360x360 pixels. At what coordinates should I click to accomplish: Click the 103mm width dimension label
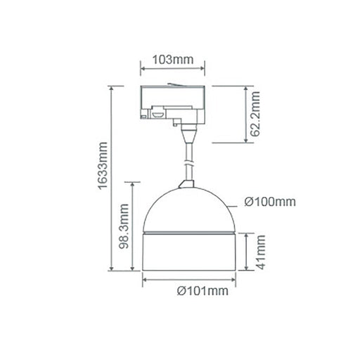coord(173,59)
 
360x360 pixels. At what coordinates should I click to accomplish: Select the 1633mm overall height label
coord(102,179)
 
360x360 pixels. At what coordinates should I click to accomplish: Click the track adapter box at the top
coord(173,102)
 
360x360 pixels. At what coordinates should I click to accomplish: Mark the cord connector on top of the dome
coord(186,184)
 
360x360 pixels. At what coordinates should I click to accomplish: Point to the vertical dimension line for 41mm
coord(245,252)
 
